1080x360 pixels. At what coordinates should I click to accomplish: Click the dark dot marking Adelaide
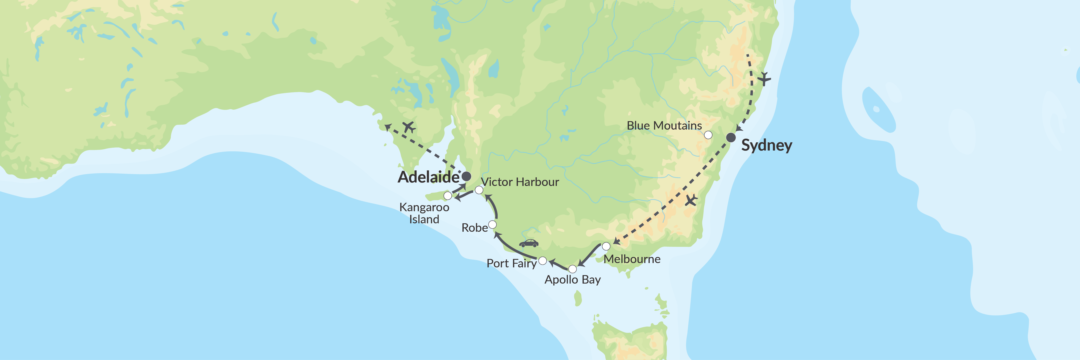466,176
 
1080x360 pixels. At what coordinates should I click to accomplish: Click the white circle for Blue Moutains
708,135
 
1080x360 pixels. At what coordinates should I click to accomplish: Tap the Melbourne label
632,259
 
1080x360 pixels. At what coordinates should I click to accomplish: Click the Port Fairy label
511,263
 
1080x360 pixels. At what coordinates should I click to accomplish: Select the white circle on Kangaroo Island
448,196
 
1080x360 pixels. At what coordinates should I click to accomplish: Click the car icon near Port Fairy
529,243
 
